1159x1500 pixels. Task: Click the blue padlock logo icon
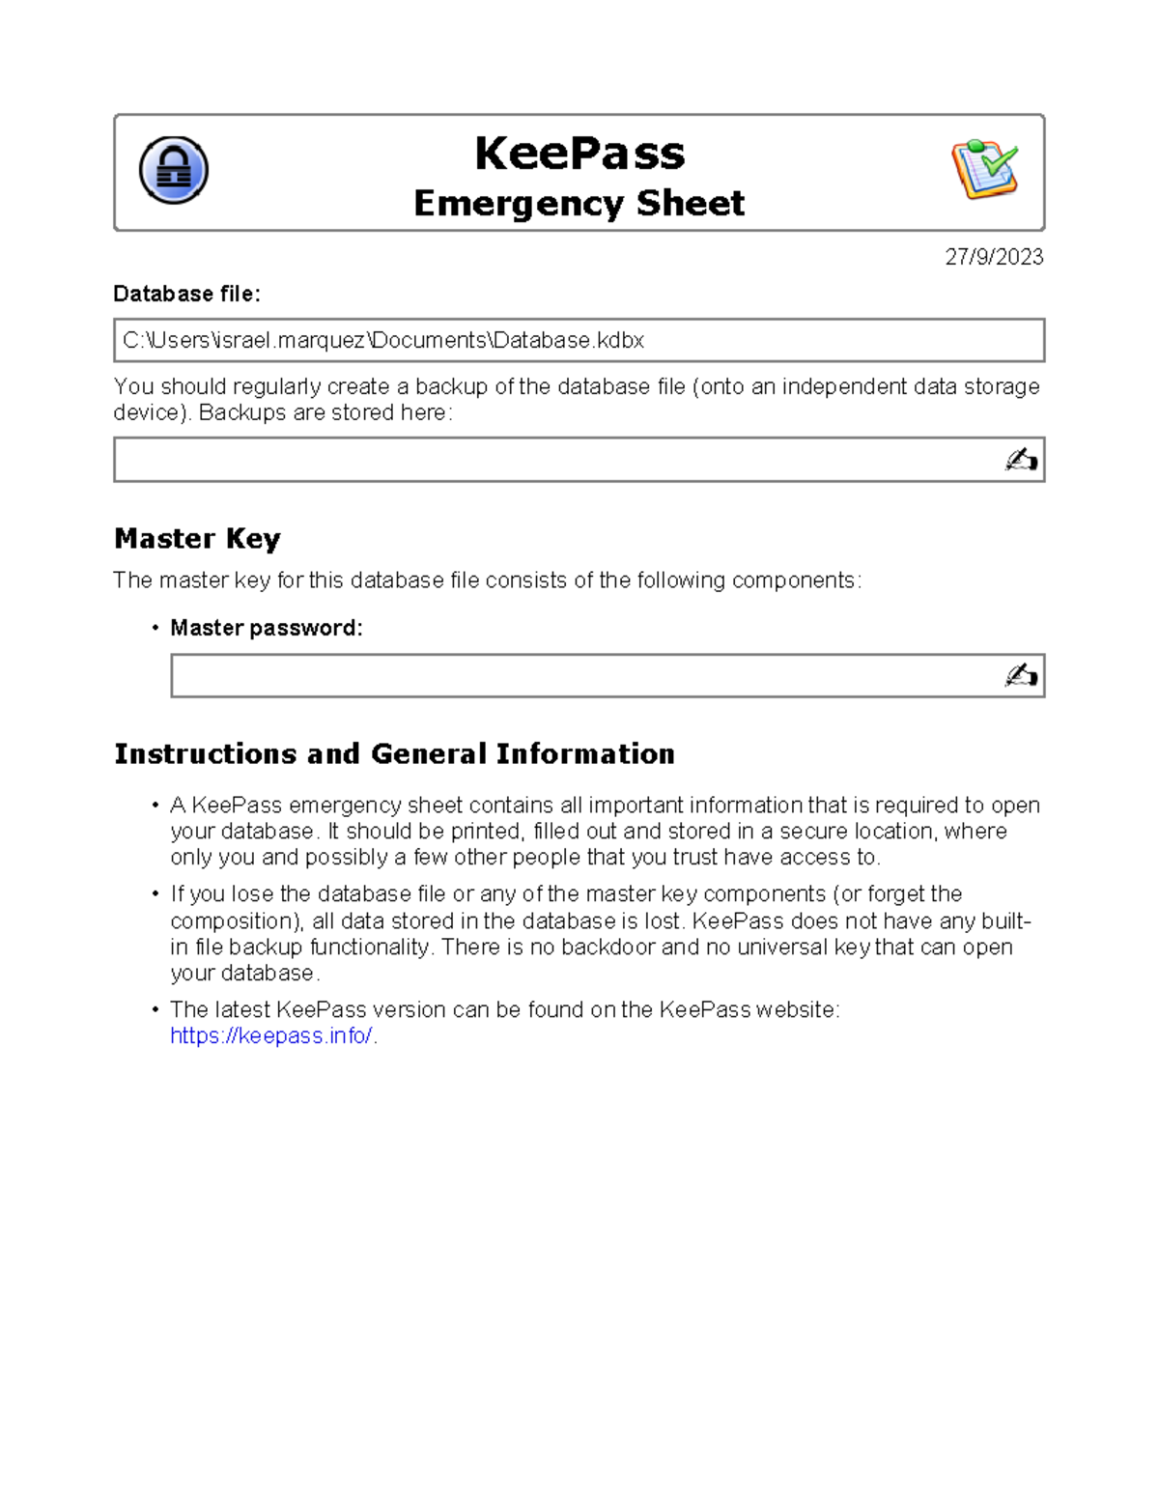pos(174,170)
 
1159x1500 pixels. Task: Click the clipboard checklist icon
pos(984,169)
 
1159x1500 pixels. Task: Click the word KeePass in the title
pos(579,154)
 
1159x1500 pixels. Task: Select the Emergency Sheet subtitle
pos(579,204)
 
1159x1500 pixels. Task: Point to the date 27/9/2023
pos(994,257)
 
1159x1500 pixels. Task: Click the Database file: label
pos(186,294)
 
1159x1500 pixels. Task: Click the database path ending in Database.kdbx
pos(383,340)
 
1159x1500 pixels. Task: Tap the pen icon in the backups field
pos(1021,460)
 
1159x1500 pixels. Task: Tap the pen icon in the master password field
pos(1021,675)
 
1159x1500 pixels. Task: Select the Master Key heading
pos(197,538)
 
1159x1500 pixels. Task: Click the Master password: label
pos(267,628)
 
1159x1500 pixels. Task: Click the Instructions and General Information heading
pos(394,753)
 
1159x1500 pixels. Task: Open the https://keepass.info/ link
pos(270,1035)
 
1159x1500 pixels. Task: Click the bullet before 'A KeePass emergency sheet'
pos(155,806)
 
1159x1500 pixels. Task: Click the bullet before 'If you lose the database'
pos(155,894)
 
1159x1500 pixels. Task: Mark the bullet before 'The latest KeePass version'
pos(155,1009)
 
